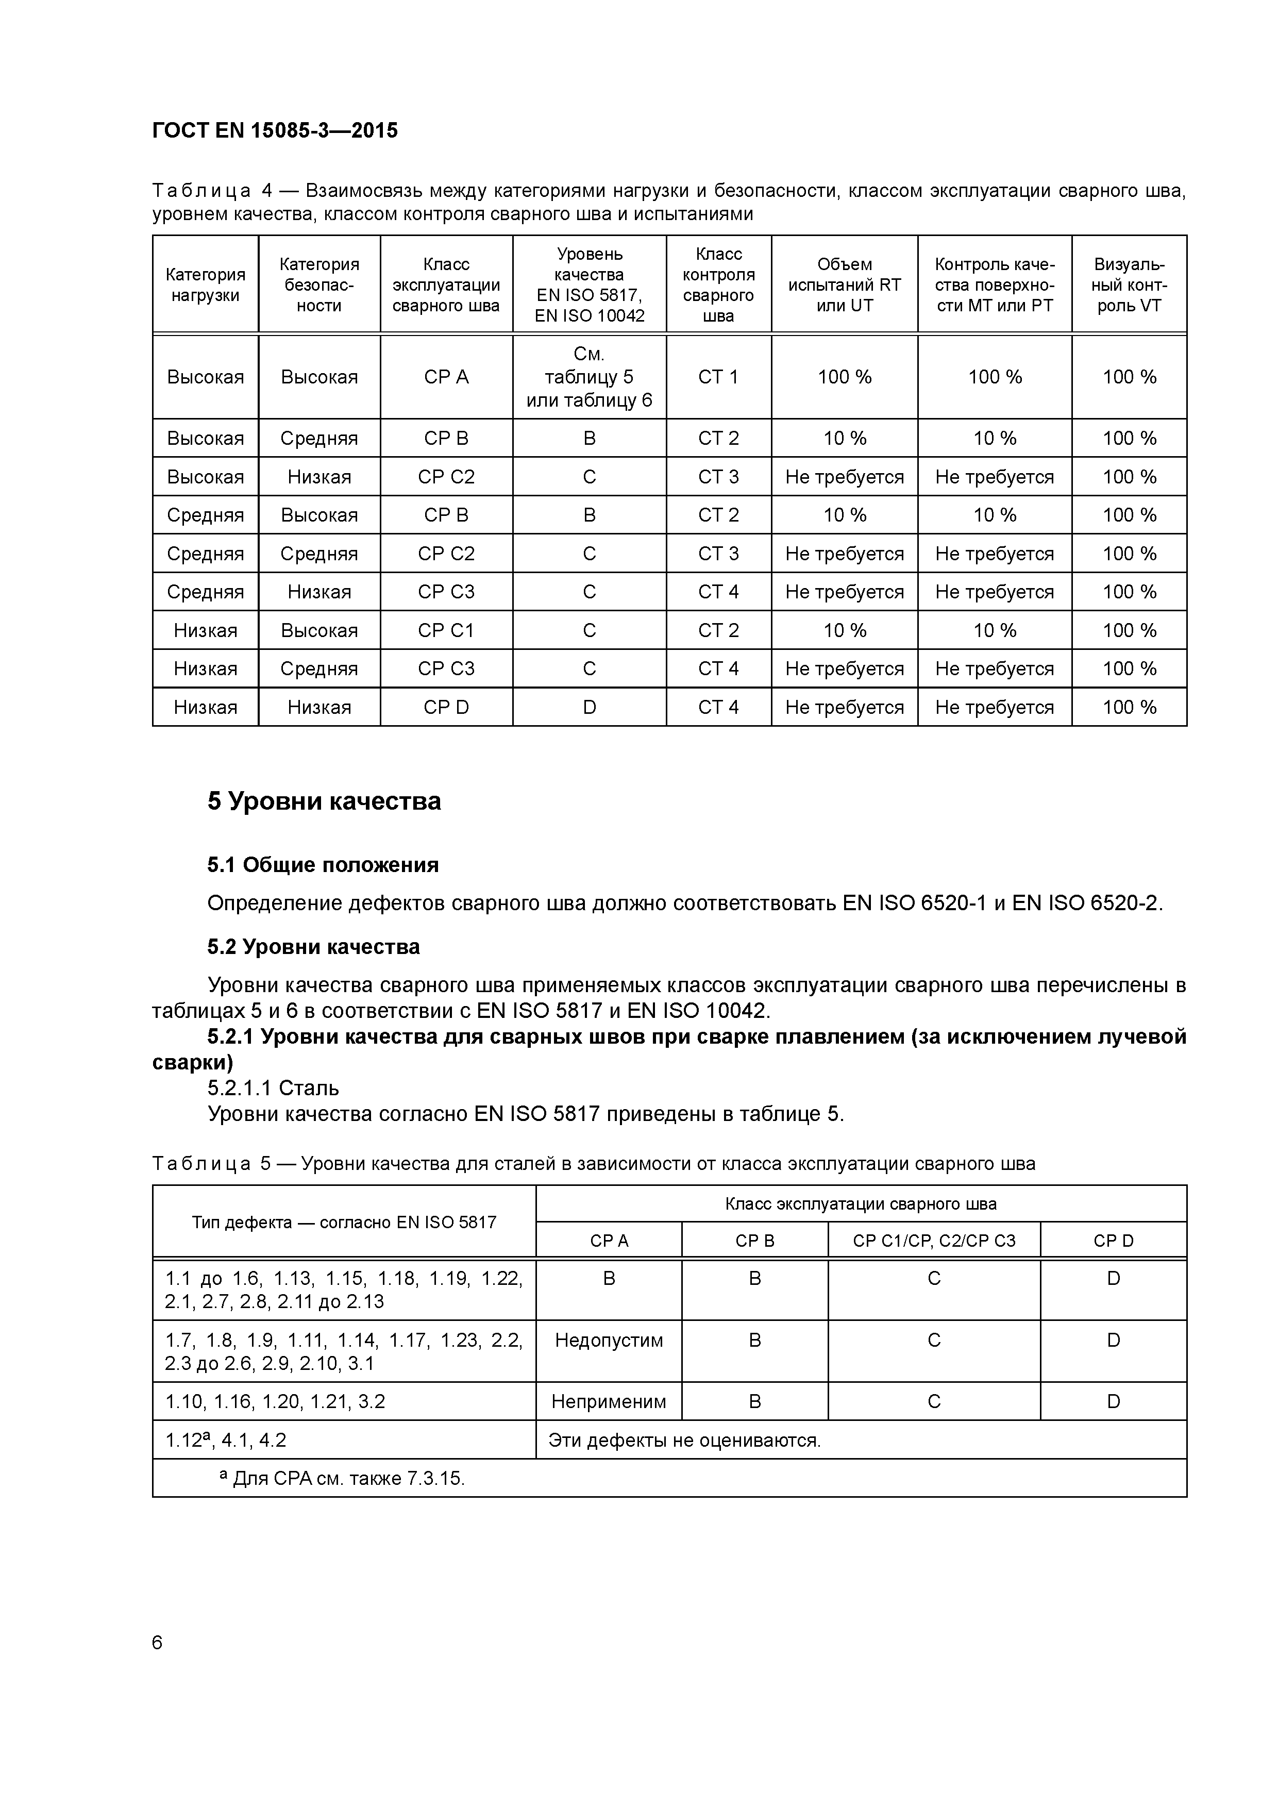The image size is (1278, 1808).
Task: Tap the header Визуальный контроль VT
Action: click(x=1129, y=285)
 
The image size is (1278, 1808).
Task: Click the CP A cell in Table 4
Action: click(x=446, y=377)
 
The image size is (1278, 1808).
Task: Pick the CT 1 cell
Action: click(x=718, y=377)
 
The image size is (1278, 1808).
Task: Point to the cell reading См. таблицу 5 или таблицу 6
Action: click(x=589, y=377)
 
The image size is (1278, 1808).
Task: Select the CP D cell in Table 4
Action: click(x=446, y=707)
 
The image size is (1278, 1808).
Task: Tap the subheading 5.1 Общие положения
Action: click(x=323, y=865)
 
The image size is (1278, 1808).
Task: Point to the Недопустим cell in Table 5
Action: click(x=609, y=1340)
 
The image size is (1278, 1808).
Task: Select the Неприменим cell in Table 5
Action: click(x=609, y=1402)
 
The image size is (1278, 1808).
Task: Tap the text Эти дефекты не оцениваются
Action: click(x=684, y=1440)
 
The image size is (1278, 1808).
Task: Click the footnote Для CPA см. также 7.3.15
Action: click(x=343, y=1479)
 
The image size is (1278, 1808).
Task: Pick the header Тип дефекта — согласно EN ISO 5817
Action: click(x=344, y=1222)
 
